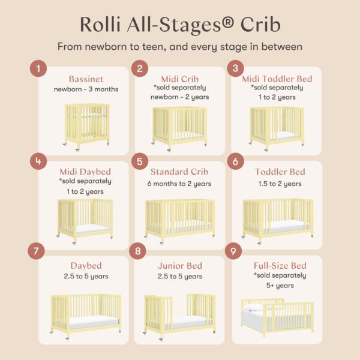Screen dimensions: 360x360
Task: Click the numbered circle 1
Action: click(38, 68)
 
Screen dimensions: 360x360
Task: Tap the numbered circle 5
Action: click(140, 161)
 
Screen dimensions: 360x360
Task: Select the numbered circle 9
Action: click(233, 251)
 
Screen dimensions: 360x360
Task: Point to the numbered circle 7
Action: click(36, 251)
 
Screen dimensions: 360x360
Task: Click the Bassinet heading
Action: click(86, 79)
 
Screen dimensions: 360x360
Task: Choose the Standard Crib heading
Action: click(179, 172)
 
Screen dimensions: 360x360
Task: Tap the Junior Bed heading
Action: click(180, 266)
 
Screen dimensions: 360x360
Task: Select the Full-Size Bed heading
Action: click(280, 266)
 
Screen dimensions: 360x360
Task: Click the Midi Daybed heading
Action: click(85, 172)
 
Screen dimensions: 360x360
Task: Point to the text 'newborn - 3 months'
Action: click(86, 89)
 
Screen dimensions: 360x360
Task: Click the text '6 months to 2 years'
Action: click(179, 184)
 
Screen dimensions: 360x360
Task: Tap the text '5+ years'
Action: click(280, 286)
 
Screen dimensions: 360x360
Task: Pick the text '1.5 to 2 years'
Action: click(280, 184)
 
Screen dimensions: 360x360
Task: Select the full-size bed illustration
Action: click(277, 317)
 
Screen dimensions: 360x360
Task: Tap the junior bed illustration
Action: click(180, 317)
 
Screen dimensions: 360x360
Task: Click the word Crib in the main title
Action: click(260, 25)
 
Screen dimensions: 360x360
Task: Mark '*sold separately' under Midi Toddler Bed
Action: click(277, 88)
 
